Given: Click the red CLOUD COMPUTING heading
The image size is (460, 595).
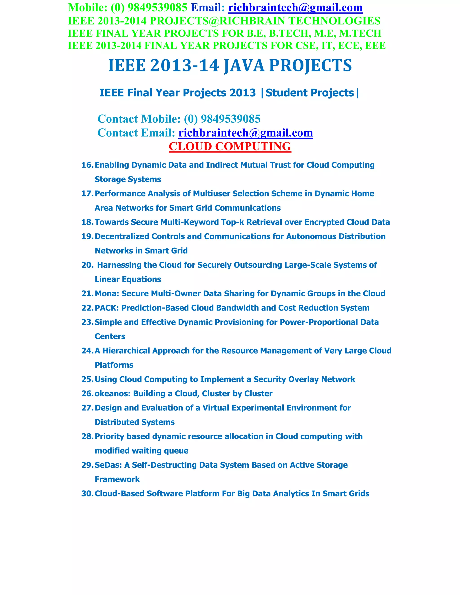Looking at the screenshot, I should tap(230, 146).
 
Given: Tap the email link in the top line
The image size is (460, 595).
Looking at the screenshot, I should tap(295, 8).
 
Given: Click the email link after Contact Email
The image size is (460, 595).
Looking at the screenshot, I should tap(245, 133).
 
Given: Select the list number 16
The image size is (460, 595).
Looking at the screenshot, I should tap(87, 165).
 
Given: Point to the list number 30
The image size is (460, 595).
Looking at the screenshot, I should tap(87, 493).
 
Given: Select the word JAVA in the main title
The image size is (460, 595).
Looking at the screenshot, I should tap(244, 66).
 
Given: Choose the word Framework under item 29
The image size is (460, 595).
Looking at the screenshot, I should tap(117, 479).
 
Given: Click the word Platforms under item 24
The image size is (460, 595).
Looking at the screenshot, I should tap(114, 365).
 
